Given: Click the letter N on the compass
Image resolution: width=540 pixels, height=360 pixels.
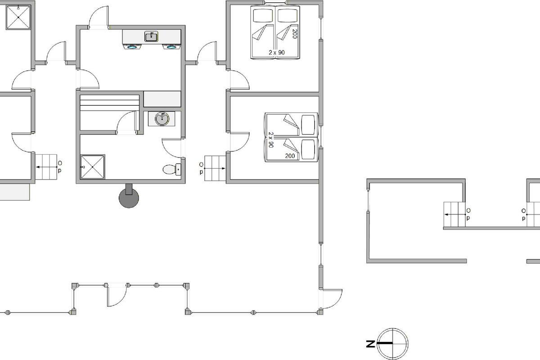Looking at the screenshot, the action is pyautogui.click(x=371, y=344).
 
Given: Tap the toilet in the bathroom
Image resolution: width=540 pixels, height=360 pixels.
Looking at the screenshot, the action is pyautogui.click(x=171, y=169).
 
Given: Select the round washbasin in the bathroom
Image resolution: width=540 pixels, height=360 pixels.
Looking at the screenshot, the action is pyautogui.click(x=162, y=119).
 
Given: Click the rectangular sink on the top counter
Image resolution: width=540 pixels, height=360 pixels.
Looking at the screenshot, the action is pyautogui.click(x=151, y=36).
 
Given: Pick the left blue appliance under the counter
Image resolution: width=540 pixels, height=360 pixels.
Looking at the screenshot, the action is pyautogui.click(x=132, y=47).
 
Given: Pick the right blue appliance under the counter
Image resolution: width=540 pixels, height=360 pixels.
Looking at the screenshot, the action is pyautogui.click(x=171, y=47).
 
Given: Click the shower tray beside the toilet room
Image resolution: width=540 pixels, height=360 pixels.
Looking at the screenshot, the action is pyautogui.click(x=93, y=167).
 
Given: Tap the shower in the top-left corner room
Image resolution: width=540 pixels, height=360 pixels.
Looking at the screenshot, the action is pyautogui.click(x=18, y=18).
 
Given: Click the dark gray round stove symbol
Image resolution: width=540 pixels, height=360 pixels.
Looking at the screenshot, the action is pyautogui.click(x=129, y=198).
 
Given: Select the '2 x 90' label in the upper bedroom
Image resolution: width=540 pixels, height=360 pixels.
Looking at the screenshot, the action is pyautogui.click(x=277, y=52).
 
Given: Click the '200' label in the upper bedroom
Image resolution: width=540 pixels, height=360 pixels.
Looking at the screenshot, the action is pyautogui.click(x=294, y=34).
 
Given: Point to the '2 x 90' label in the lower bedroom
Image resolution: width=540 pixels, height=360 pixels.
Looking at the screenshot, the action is pyautogui.click(x=271, y=140).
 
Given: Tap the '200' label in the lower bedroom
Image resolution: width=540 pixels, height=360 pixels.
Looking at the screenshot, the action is pyautogui.click(x=290, y=156).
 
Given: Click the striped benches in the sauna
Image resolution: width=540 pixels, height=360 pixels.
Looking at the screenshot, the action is pyautogui.click(x=110, y=103).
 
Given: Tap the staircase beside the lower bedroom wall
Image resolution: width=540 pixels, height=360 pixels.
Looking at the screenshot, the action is pyautogui.click(x=215, y=168).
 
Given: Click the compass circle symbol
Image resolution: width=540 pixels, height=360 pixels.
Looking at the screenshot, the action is pyautogui.click(x=393, y=344).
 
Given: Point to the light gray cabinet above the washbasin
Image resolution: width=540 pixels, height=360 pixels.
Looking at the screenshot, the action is pyautogui.click(x=162, y=99).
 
